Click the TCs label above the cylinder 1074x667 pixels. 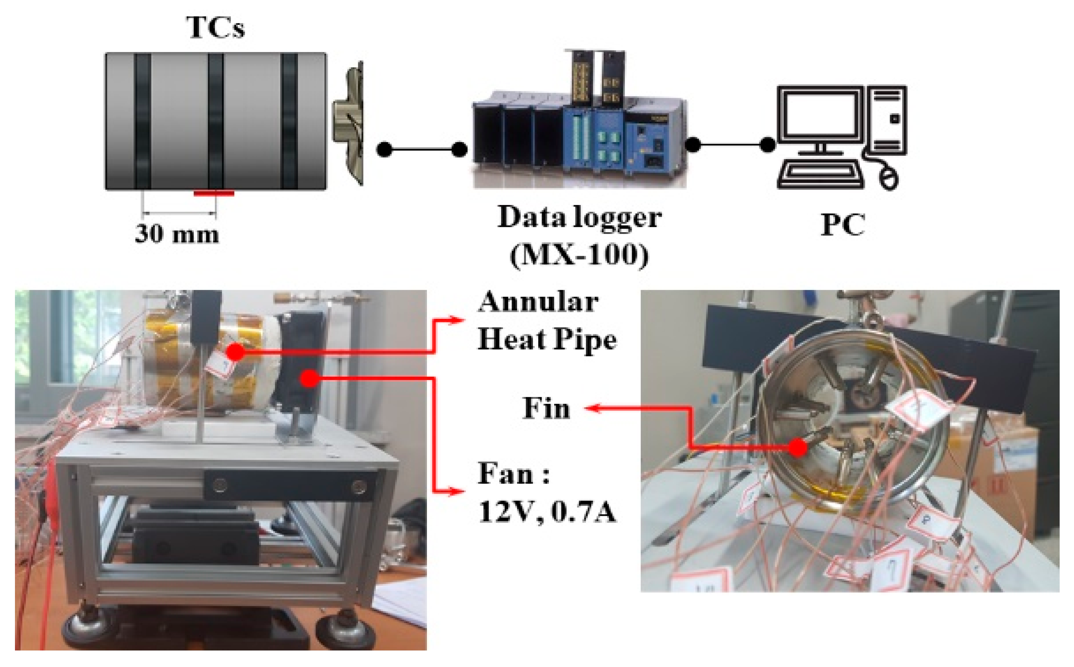[x=215, y=27]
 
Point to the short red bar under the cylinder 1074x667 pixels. [x=214, y=193]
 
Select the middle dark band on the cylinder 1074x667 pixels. [x=216, y=121]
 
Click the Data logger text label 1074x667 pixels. [x=579, y=217]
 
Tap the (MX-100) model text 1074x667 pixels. [x=579, y=255]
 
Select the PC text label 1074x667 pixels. [x=842, y=225]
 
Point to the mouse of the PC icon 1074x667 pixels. [x=888, y=179]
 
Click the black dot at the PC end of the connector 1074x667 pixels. [x=768, y=144]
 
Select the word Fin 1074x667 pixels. [x=546, y=408]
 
